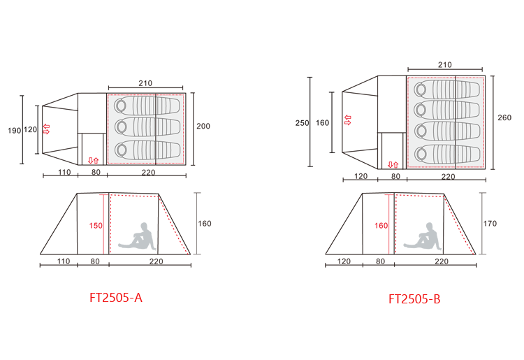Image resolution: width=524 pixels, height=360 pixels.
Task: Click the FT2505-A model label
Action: [116, 298]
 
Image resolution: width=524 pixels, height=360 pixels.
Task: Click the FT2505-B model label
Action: [414, 298]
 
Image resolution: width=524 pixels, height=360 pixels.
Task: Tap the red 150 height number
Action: [96, 226]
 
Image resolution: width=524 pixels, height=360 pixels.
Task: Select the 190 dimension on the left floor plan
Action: [15, 131]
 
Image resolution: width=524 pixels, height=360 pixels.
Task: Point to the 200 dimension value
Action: [203, 126]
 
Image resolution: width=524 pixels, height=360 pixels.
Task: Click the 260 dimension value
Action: [504, 117]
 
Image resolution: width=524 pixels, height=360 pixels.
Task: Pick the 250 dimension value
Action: [302, 123]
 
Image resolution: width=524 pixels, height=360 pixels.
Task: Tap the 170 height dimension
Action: [490, 223]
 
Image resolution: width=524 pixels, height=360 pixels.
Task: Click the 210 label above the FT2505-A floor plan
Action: [145, 83]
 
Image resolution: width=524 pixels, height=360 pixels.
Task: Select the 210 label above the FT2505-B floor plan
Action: [445, 64]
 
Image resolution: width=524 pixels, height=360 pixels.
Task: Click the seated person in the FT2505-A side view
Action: [138, 237]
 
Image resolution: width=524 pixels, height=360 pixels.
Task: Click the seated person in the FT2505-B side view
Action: [423, 237]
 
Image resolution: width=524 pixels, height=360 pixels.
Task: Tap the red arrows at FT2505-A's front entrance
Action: [46, 129]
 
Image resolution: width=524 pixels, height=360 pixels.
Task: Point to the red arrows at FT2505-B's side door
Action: [393, 165]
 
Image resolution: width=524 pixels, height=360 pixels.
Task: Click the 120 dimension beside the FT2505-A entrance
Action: [31, 129]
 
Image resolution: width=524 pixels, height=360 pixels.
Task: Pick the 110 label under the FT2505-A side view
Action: [64, 261]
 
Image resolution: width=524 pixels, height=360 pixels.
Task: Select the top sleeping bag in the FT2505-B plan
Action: [447, 89]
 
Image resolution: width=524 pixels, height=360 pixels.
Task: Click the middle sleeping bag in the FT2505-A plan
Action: [147, 127]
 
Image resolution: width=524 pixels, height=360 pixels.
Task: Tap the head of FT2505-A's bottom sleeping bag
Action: [121, 150]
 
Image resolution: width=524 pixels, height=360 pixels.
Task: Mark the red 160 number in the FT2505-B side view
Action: [381, 226]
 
